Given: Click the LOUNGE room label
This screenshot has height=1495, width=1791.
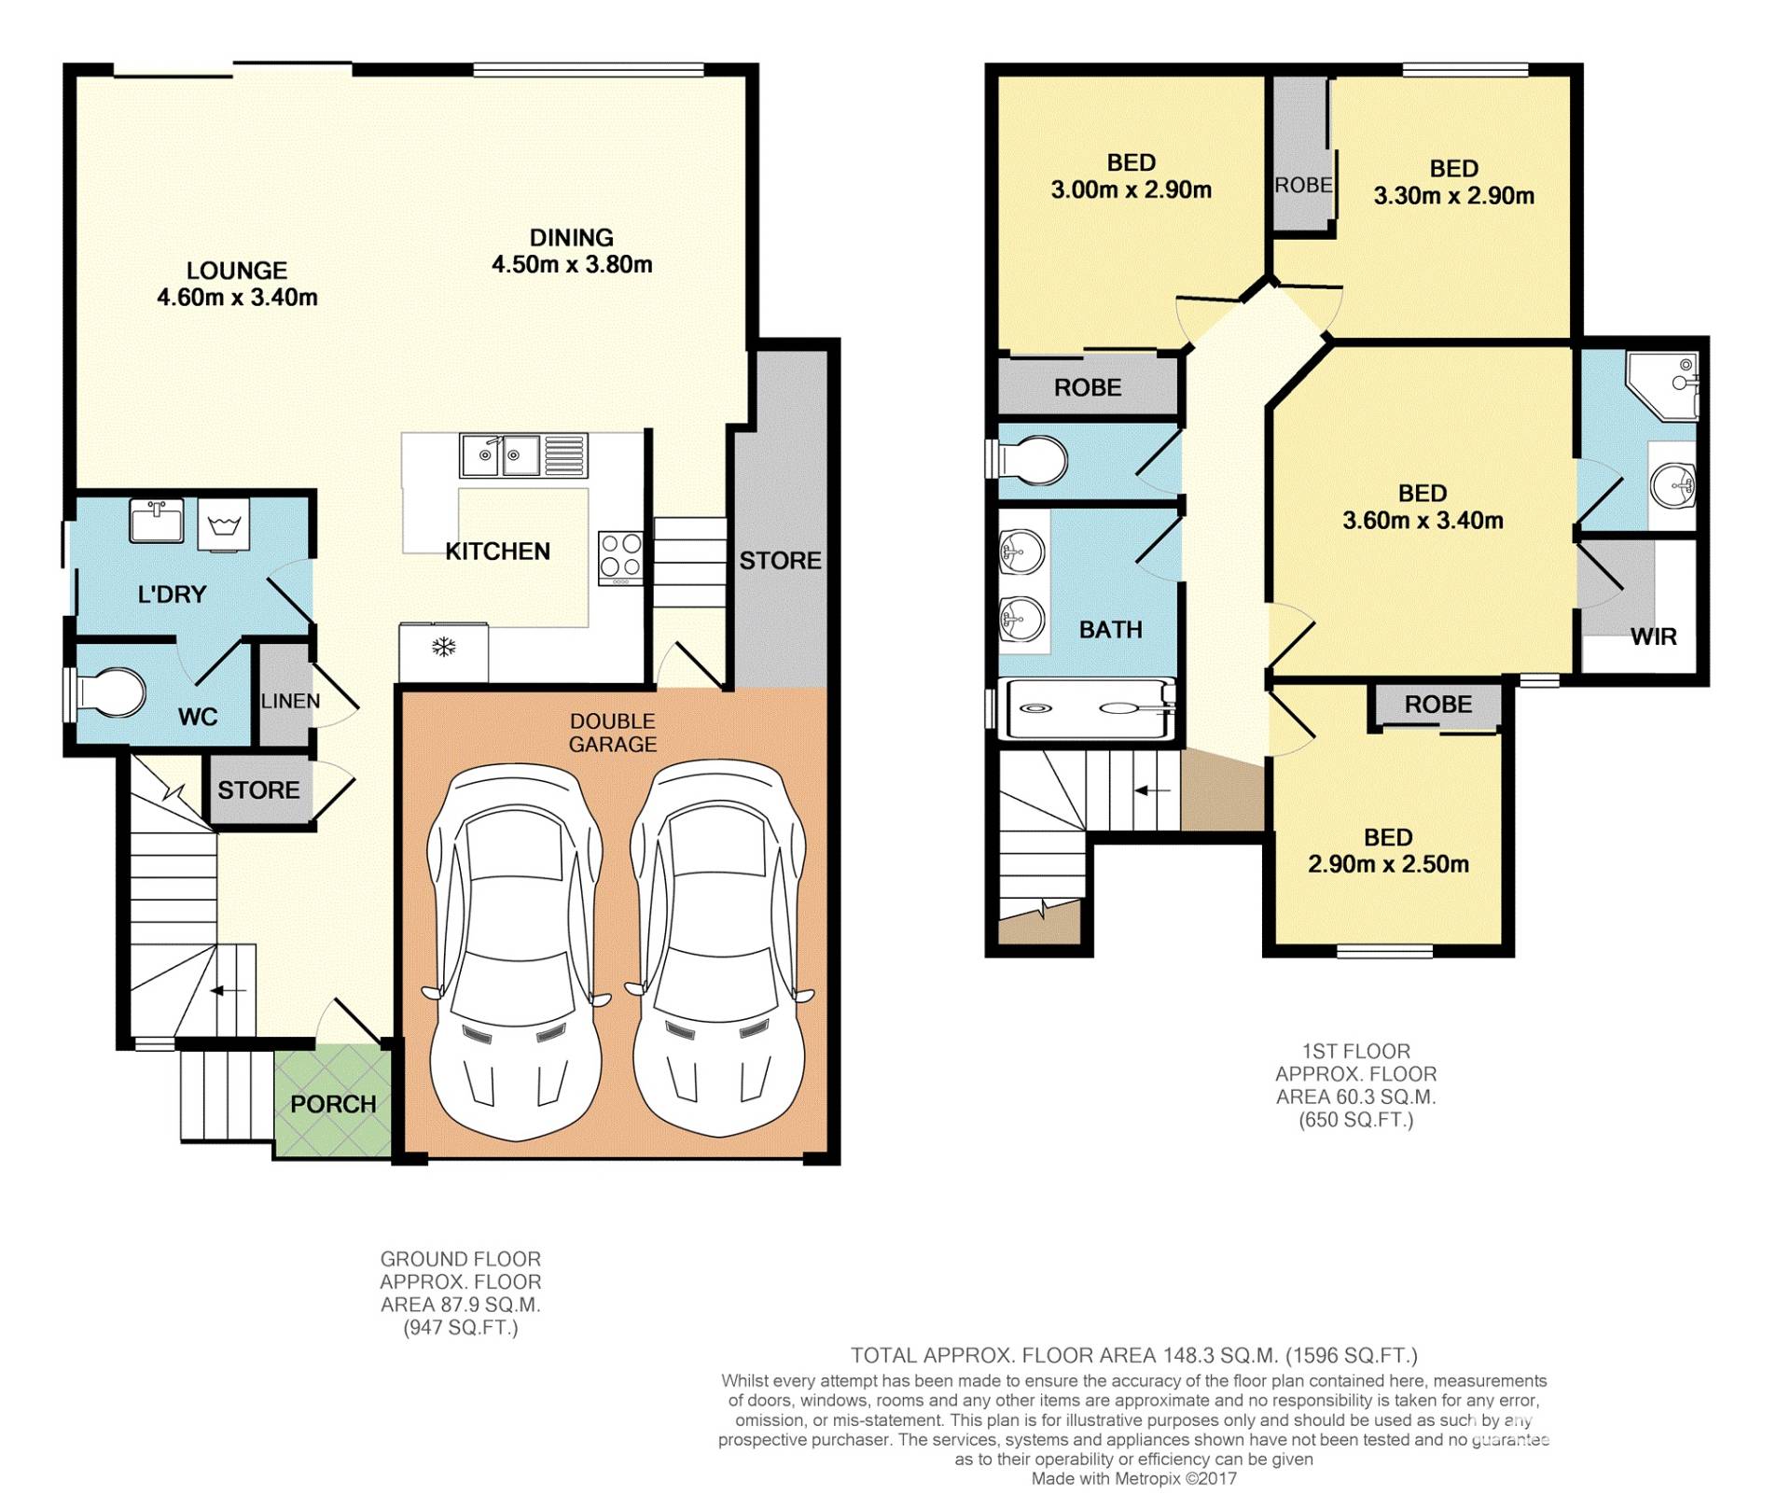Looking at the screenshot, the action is (x=237, y=271).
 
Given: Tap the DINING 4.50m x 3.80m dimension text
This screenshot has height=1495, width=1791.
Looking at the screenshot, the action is (x=572, y=265).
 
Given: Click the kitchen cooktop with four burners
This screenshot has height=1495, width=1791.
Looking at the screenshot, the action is (x=620, y=557).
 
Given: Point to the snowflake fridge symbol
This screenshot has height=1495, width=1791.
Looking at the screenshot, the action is (x=444, y=647).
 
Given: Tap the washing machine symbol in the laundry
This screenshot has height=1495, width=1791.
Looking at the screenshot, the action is (x=224, y=525).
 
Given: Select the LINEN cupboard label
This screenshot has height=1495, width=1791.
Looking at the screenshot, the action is (x=290, y=701).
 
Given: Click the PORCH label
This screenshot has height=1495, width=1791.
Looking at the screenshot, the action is (x=333, y=1104).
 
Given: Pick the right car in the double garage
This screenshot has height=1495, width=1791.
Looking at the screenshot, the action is (x=718, y=949).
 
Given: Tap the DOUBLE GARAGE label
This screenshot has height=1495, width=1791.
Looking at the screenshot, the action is (x=613, y=733).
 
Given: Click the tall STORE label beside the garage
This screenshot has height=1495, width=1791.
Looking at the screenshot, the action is (x=781, y=561).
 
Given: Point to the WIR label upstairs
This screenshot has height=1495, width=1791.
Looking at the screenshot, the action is (x=1654, y=637).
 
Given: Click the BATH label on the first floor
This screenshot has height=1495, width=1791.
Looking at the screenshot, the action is (x=1111, y=630).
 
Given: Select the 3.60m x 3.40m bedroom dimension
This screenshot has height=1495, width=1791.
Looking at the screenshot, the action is (x=1423, y=521).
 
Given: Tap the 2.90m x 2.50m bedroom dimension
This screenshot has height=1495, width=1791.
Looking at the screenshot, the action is (x=1388, y=865).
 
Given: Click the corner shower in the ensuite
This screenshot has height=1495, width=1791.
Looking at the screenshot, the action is (x=1661, y=384).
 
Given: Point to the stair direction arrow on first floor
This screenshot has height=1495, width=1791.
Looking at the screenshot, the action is (x=1152, y=790).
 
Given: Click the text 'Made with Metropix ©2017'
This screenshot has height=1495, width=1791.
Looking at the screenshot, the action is (x=1133, y=1478).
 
